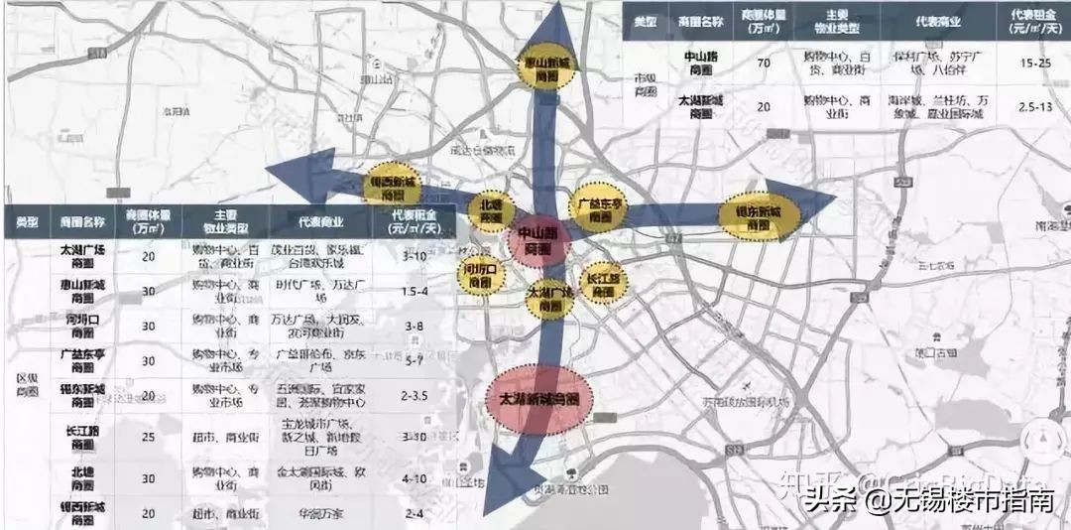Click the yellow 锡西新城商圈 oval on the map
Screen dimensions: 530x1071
[393, 186]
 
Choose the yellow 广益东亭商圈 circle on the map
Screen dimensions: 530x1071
[600, 206]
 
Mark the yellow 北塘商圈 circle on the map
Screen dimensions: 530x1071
[491, 208]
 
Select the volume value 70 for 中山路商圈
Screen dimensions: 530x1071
[763, 64]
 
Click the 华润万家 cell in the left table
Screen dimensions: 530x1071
[318, 514]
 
